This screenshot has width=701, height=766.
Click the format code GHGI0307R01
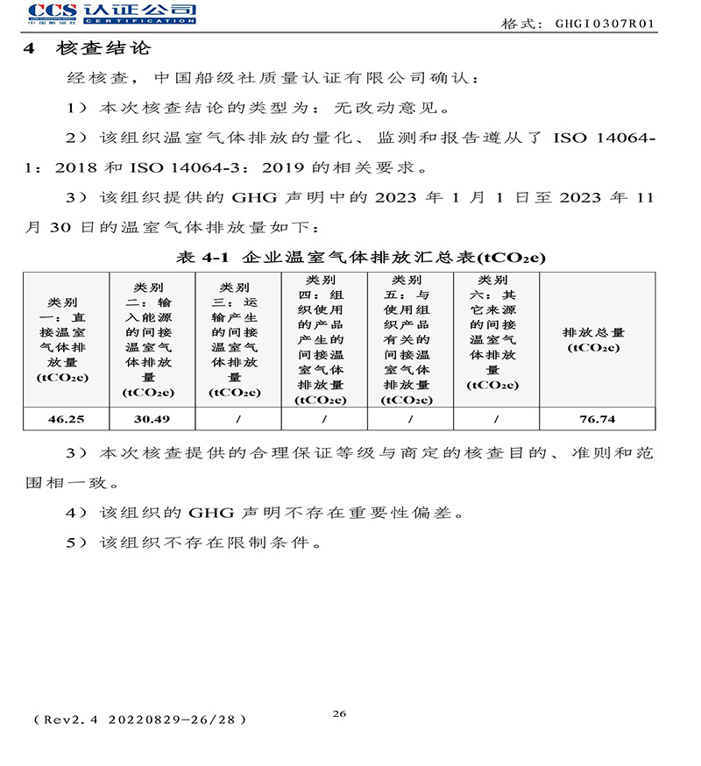click(604, 24)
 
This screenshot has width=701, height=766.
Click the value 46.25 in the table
click(66, 419)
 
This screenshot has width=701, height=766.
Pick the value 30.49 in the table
click(152, 419)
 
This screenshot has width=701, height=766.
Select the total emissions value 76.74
click(598, 419)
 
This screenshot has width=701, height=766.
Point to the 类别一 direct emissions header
click(65, 340)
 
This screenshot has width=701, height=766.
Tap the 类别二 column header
click(152, 340)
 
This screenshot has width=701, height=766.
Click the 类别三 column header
click(237, 340)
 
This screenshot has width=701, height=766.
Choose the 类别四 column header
click(323, 340)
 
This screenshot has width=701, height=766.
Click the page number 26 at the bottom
click(339, 713)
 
